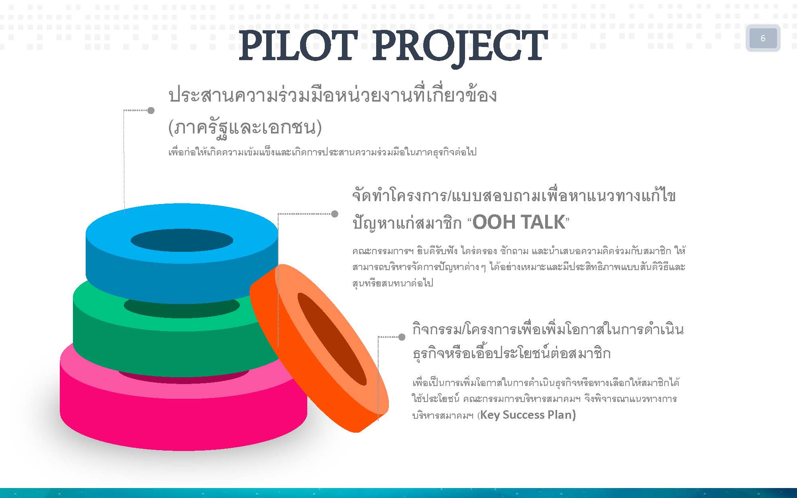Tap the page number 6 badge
tap(763, 38)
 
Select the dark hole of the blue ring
tap(182, 240)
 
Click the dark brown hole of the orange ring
tap(332, 339)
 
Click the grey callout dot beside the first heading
tap(151, 110)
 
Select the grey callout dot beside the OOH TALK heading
tap(335, 214)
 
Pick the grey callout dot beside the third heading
tap(402, 337)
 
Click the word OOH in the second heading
tap(493, 222)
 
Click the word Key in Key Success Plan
tap(490, 415)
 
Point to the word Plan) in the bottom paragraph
tap(562, 415)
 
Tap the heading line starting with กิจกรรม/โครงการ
tap(548, 330)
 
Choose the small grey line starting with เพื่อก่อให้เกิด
tap(322, 152)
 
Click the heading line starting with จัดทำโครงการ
tap(514, 196)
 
